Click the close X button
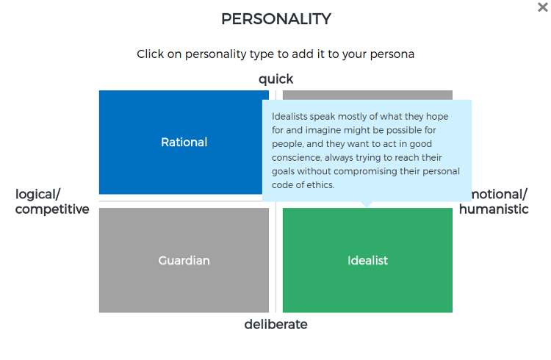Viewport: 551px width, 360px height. click(x=543, y=7)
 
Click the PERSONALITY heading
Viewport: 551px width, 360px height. click(x=276, y=19)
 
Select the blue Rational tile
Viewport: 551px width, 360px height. click(x=184, y=142)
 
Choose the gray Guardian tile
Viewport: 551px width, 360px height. click(x=184, y=260)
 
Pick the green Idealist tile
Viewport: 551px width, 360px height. click(x=367, y=260)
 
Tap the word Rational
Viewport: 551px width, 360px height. click(x=184, y=142)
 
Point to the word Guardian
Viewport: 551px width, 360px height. click(x=184, y=261)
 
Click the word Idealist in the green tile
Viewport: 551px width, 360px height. click(x=367, y=261)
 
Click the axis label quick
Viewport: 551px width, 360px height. click(x=275, y=79)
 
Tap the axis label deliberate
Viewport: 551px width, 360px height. click(x=275, y=324)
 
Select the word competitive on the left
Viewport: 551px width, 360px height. click(x=52, y=209)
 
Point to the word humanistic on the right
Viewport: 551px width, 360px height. click(x=494, y=209)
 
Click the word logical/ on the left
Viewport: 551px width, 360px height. click(x=38, y=195)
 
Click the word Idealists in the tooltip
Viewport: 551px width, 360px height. click(x=289, y=116)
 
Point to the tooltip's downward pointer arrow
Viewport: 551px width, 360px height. click(x=367, y=204)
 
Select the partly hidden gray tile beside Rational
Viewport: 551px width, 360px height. click(x=367, y=95)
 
